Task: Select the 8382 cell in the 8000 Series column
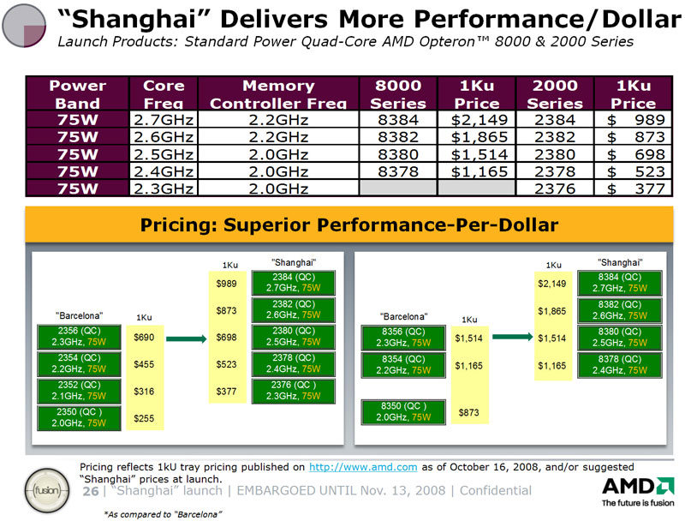click(398, 137)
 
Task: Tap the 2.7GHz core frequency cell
click(163, 120)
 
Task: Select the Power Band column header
click(78, 94)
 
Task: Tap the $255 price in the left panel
click(144, 418)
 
